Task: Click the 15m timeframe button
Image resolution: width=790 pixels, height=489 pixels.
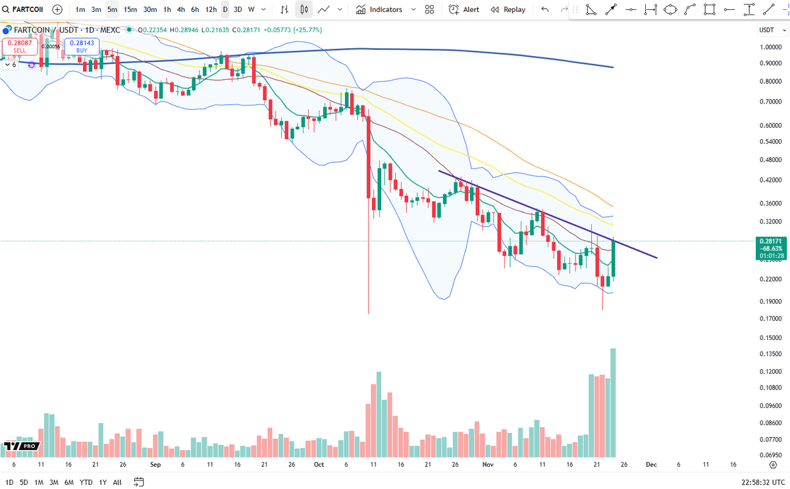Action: [130, 10]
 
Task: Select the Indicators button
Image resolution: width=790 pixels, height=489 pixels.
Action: [385, 10]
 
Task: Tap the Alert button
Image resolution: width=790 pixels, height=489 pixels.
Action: [464, 10]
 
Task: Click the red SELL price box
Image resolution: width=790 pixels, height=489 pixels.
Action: [20, 46]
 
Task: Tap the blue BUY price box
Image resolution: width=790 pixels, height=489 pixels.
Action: [82, 46]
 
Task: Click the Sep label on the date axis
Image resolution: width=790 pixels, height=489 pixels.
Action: [155, 465]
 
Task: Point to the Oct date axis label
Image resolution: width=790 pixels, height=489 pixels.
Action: [319, 465]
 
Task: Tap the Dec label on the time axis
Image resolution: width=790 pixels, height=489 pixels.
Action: [651, 465]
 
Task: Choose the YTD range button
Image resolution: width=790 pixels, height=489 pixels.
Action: [86, 482]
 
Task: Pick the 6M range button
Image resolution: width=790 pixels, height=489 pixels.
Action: [69, 482]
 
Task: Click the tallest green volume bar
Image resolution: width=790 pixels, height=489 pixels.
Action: [613, 403]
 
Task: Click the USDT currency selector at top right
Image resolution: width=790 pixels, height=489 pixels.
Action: [769, 30]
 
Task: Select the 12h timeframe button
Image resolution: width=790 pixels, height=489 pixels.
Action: [211, 10]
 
